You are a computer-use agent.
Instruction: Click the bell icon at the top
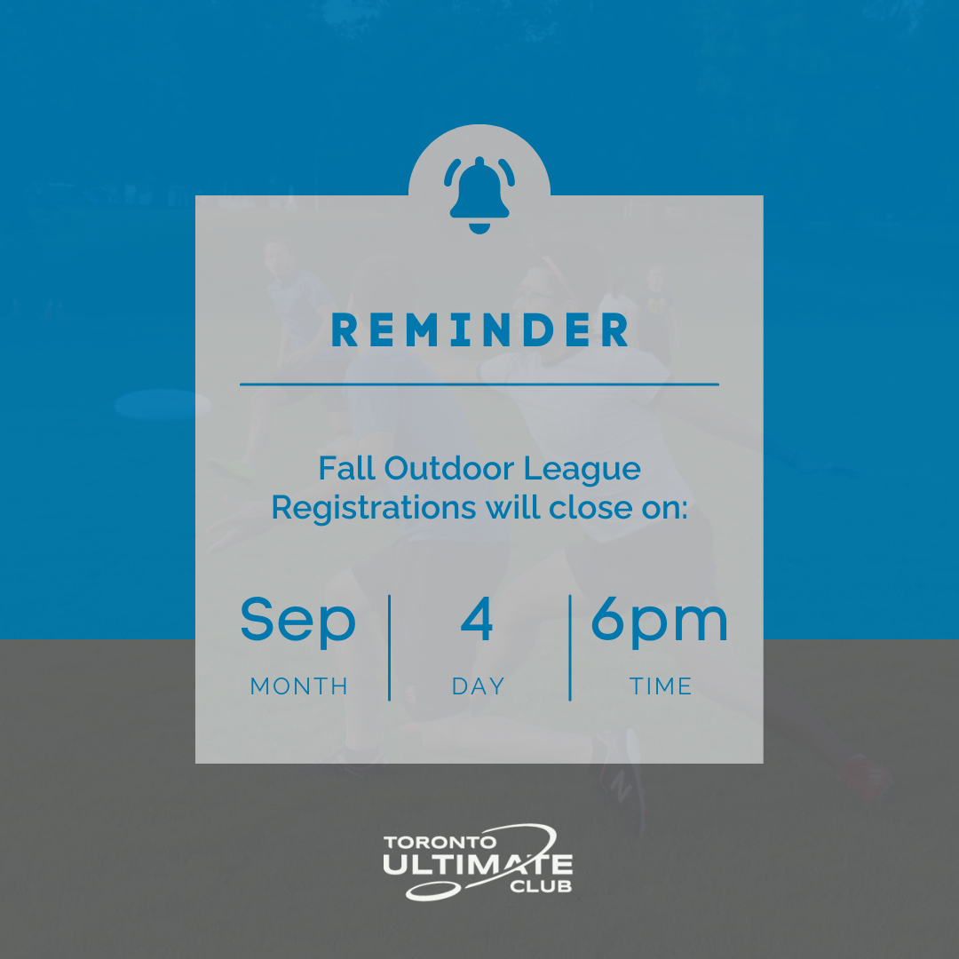tap(479, 195)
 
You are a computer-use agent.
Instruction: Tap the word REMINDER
tap(479, 329)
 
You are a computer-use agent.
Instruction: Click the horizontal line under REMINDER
tap(479, 384)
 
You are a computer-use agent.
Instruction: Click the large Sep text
tap(297, 622)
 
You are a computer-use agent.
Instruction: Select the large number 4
tap(477, 618)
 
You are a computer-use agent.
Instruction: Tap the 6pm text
tap(659, 622)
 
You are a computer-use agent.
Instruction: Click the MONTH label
tap(298, 686)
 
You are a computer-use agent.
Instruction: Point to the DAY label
tap(479, 686)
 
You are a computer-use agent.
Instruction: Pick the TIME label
tap(661, 686)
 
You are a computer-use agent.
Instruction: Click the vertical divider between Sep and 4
tap(390, 647)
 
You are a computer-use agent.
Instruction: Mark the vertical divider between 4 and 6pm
tap(570, 647)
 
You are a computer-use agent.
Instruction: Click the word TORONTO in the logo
tap(440, 842)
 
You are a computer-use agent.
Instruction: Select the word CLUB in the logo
tap(541, 885)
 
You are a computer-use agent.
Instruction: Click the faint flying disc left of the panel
tap(163, 404)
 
